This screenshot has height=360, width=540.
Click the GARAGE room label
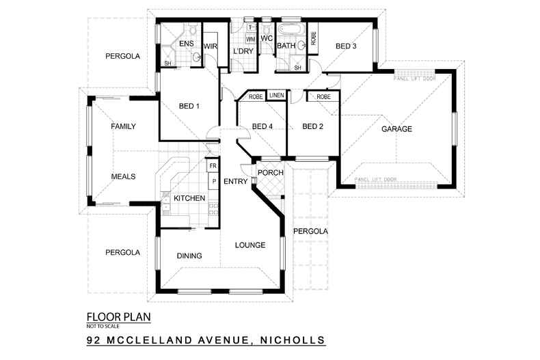[396, 128]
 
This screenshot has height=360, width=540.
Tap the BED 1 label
[189, 106]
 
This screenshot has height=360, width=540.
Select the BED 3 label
[346, 46]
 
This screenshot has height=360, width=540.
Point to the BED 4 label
[262, 126]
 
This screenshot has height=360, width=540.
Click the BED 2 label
[312, 126]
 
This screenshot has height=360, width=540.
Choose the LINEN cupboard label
[276, 96]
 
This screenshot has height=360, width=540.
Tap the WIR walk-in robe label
[209, 46]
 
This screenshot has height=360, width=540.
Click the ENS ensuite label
[186, 44]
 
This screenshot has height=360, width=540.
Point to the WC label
[267, 39]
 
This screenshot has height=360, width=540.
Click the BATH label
[286, 46]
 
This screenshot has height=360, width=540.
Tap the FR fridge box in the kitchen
[213, 166]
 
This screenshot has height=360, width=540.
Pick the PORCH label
[271, 172]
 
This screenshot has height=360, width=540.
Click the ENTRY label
[235, 181]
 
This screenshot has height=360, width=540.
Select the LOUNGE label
[249, 245]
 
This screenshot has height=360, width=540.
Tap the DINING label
[189, 256]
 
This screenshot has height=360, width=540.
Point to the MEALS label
[123, 176]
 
